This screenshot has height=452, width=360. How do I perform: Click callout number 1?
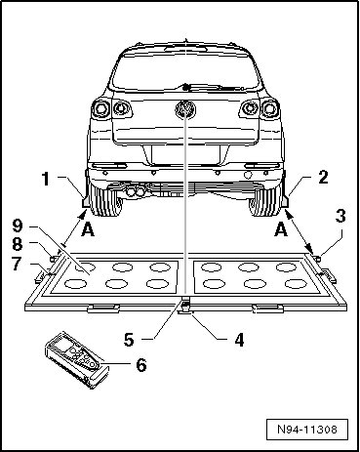pyautogui.click(x=46, y=180)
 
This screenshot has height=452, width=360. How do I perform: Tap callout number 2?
pyautogui.click(x=323, y=178)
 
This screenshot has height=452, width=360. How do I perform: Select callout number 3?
pyautogui.click(x=340, y=217)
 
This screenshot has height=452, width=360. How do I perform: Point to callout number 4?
pyautogui.click(x=239, y=340)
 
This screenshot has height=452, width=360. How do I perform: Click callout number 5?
pyautogui.click(x=129, y=340)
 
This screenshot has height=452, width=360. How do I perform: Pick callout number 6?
pyautogui.click(x=141, y=365)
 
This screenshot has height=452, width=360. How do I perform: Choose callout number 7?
pyautogui.click(x=18, y=264)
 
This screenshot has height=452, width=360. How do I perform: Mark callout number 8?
pyautogui.click(x=18, y=244)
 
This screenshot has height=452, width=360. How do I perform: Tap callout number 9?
pyautogui.click(x=18, y=226)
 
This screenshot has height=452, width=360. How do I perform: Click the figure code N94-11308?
pyautogui.click(x=307, y=430)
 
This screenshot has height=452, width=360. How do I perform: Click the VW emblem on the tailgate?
pyautogui.click(x=185, y=109)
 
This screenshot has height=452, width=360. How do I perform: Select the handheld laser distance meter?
pyautogui.click(x=77, y=360)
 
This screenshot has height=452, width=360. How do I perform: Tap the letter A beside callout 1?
pyautogui.click(x=88, y=229)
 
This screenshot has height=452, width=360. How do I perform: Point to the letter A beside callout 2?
pyautogui.click(x=281, y=229)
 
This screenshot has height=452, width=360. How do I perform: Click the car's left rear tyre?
pyautogui.click(x=105, y=201)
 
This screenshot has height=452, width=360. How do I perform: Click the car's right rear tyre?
pyautogui.click(x=265, y=201)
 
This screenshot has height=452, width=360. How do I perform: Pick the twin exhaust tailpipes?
pyautogui.click(x=136, y=191)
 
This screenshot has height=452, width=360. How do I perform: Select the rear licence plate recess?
pyautogui.click(x=185, y=154)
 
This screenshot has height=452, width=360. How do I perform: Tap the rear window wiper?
pyautogui.click(x=213, y=87)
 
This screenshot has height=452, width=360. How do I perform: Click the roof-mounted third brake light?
pyautogui.click(x=185, y=49)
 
